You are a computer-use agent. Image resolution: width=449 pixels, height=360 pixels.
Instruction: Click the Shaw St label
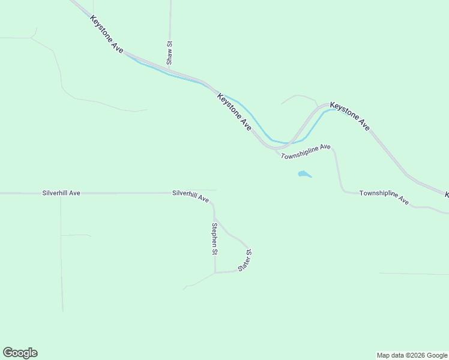pos(170,53)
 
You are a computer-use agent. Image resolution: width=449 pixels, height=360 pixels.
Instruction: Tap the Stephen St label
pos(214,239)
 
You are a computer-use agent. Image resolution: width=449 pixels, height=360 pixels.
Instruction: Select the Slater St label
pos(244,260)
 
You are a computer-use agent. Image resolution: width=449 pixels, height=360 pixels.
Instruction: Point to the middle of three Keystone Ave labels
pos(235,112)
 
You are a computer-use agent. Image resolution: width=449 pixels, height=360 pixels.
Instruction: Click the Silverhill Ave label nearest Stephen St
pos(190,195)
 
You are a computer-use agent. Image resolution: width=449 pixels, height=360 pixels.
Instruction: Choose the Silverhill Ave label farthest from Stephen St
pos(61,193)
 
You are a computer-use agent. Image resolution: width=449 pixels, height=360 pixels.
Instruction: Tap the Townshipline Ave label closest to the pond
pos(306,151)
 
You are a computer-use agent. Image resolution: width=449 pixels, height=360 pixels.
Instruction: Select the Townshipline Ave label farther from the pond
pos(384,196)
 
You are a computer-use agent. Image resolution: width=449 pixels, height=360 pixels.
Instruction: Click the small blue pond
pos(304,175)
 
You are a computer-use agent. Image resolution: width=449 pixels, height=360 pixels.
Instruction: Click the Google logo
pos(20,353)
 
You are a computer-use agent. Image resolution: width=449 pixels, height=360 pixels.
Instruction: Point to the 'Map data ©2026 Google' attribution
pos(412,355)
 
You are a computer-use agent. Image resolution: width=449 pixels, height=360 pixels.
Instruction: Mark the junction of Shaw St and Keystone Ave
pos(170,70)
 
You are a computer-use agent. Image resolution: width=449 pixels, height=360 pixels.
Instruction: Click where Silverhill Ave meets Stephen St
pos(213,204)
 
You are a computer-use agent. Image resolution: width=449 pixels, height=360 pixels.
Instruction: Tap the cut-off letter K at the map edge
pos(446,195)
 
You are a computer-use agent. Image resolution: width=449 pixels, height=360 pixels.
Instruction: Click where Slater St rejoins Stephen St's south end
pos(215,272)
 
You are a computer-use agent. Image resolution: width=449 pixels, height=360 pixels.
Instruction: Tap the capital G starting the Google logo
pos(8,352)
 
